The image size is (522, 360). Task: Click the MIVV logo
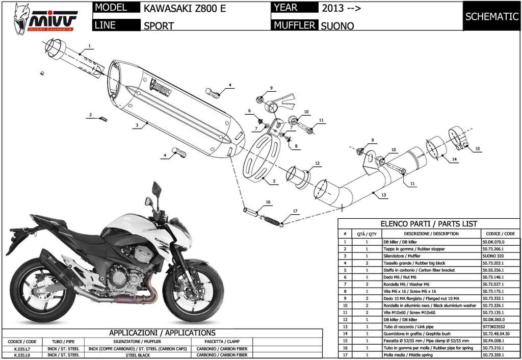46,17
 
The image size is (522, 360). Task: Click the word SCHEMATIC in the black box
491,16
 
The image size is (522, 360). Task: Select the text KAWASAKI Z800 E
184,9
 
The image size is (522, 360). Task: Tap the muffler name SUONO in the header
337,25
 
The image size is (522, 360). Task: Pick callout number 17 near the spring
295,211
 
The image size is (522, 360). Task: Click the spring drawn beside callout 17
271,220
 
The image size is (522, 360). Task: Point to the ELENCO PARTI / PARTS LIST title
429,224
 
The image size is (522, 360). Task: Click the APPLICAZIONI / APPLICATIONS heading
162,333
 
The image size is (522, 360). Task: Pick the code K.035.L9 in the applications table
21,354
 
